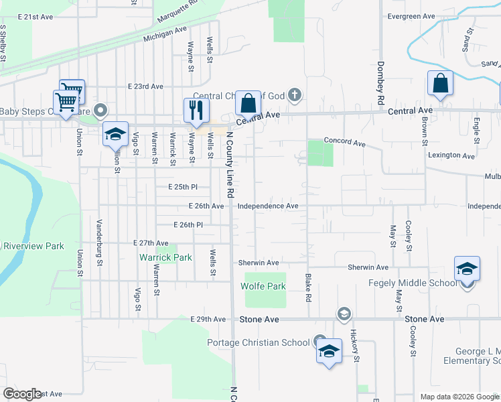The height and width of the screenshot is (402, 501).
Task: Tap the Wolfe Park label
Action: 263,286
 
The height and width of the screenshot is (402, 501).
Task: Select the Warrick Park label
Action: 165,257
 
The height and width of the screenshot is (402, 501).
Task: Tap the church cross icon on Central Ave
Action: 295,96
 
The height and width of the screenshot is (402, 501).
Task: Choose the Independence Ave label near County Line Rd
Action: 268,206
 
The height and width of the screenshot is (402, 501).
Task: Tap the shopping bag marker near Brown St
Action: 441,84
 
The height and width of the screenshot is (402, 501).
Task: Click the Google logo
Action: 22,394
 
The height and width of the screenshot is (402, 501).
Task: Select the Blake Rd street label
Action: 309,286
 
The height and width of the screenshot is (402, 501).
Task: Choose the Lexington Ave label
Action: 453,155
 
